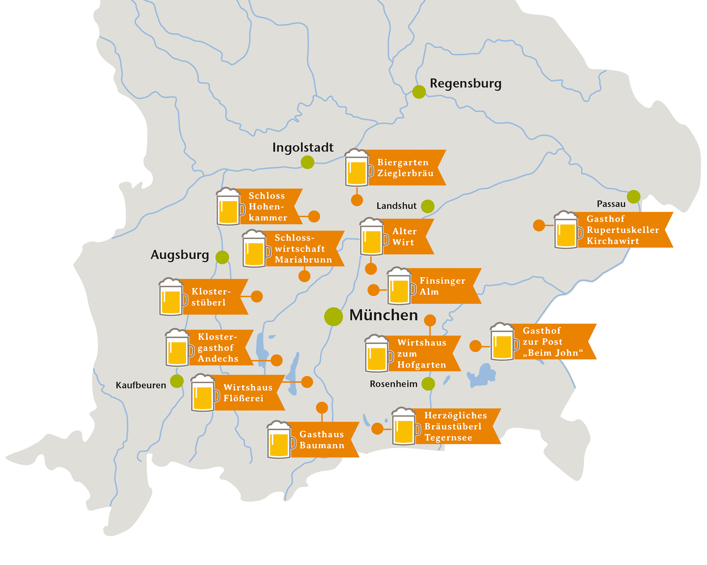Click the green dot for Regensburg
[419, 92]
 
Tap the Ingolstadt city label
[303, 147]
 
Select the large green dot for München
[333, 316]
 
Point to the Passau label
[611, 204]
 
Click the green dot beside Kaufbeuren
[177, 381]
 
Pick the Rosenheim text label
[393, 384]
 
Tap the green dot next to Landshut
[428, 206]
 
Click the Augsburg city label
[180, 255]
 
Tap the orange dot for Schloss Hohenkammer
[314, 216]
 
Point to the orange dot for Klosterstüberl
[257, 296]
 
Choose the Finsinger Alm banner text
[442, 286]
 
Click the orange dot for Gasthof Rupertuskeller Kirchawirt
[539, 225]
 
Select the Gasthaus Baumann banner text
[322, 440]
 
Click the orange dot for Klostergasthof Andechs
[277, 360]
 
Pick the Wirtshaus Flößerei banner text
[248, 393]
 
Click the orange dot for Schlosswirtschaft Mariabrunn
[304, 276]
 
